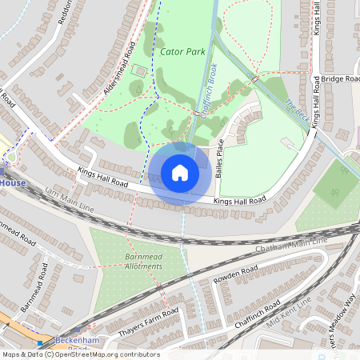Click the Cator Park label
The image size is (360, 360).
pyautogui.click(x=182, y=51)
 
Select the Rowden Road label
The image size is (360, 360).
pyautogui.click(x=238, y=277)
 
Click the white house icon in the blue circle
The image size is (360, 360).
pyautogui.click(x=180, y=173)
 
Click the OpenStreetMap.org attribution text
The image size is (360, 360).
pyautogui.click(x=114, y=354)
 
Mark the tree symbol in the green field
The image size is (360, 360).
pyautogui.click(x=334, y=190)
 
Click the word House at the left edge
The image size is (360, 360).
pyautogui.click(x=13, y=182)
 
